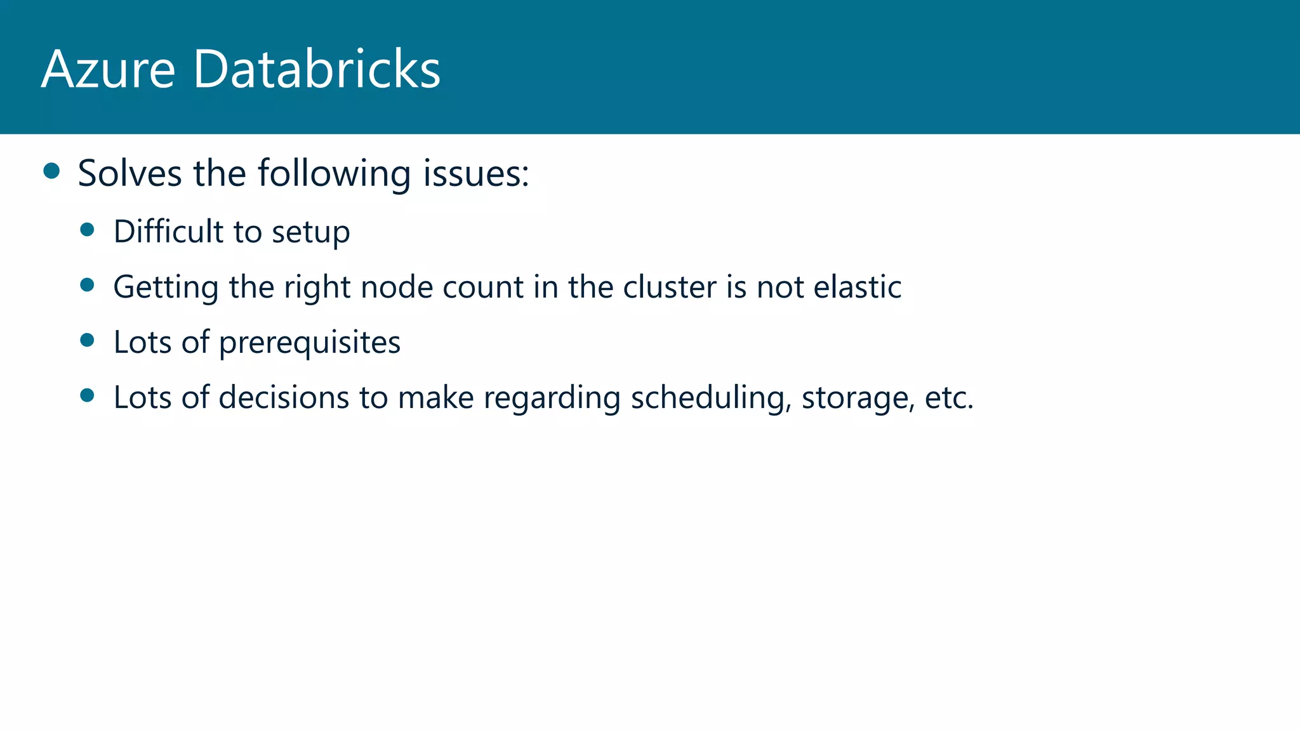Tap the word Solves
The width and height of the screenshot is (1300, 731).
129,173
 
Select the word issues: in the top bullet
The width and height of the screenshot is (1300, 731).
476,173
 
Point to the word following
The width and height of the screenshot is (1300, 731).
334,174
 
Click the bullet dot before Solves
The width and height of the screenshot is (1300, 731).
51,171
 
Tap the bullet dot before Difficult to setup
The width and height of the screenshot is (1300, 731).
88,230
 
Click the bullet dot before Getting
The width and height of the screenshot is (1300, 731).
88,285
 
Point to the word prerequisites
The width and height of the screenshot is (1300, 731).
310,343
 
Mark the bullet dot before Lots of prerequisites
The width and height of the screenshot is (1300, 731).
88,341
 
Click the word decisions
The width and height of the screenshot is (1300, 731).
284,398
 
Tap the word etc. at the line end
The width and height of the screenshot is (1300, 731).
949,398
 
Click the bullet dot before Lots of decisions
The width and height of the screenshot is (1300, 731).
88,396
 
